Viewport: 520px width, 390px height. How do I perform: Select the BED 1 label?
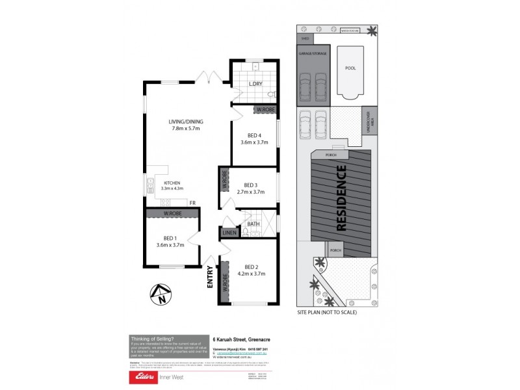[x=170, y=241]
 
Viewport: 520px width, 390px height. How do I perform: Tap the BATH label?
[x=253, y=224]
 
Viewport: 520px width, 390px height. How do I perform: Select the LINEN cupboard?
[x=229, y=233]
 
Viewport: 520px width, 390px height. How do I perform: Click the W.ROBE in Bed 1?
[x=172, y=213]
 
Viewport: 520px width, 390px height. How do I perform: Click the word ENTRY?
[x=210, y=277]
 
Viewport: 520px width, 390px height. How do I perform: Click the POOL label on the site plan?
[x=350, y=68]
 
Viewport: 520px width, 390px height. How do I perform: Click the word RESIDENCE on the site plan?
[x=340, y=199]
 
